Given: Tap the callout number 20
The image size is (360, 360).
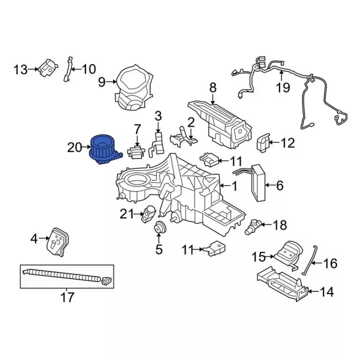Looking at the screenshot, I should (74, 148).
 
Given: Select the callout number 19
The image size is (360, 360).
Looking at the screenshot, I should (282, 87).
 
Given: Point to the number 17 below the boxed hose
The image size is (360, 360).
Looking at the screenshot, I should (67, 298).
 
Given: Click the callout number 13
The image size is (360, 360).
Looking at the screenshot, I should (20, 69).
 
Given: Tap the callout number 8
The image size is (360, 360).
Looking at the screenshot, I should (213, 87).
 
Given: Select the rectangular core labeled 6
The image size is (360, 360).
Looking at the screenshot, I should (260, 183).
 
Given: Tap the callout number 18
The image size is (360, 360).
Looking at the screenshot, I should (279, 226).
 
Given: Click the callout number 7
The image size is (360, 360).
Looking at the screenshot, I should (137, 130).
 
